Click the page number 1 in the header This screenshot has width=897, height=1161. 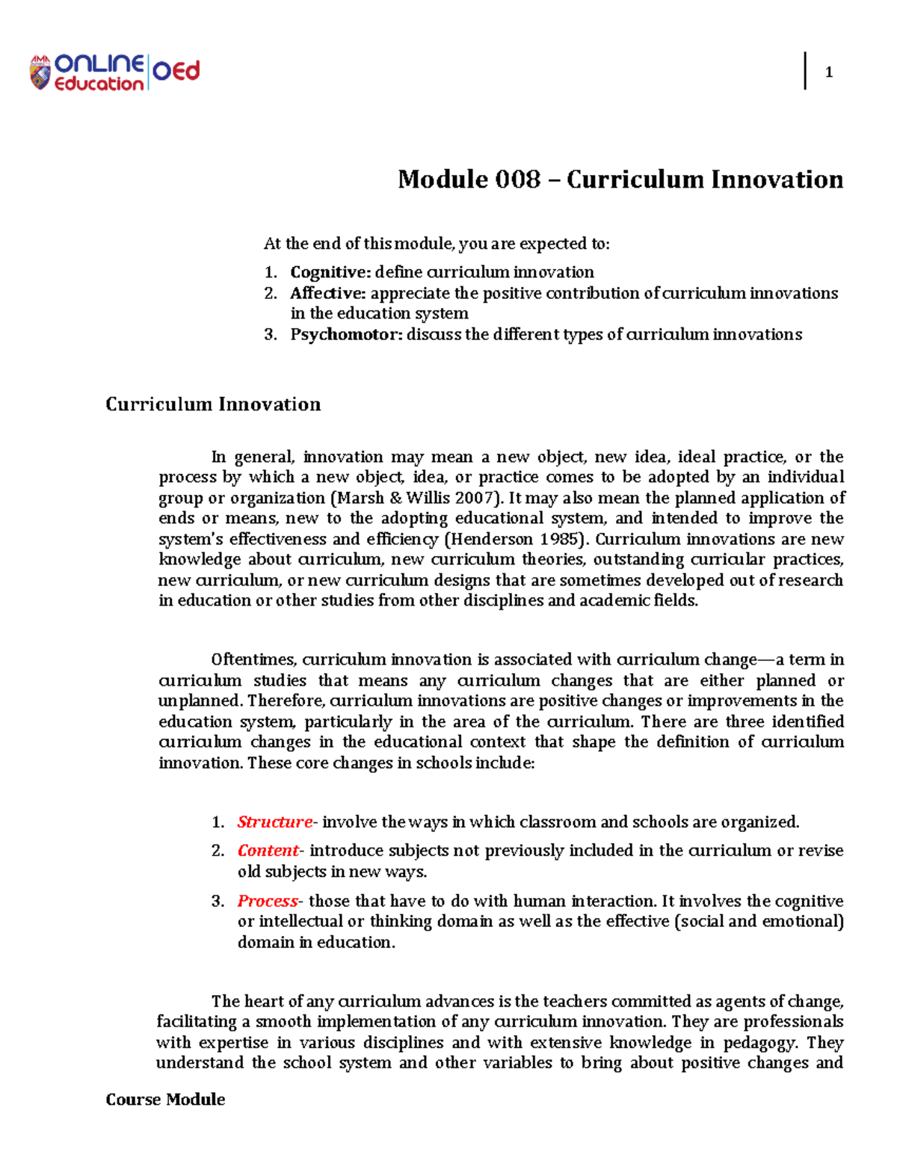pyautogui.click(x=828, y=73)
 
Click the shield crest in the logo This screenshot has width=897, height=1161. pyautogui.click(x=40, y=73)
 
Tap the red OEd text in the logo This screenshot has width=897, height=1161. pyautogui.click(x=176, y=71)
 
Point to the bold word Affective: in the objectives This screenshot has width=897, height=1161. pyautogui.click(x=328, y=293)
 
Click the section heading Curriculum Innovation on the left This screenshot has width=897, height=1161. pyautogui.click(x=213, y=404)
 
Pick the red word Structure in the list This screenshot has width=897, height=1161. pyautogui.click(x=274, y=822)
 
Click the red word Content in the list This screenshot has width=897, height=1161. pyautogui.click(x=268, y=851)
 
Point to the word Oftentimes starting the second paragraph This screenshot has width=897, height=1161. pyautogui.click(x=254, y=660)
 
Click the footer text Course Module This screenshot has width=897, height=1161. pyautogui.click(x=165, y=1100)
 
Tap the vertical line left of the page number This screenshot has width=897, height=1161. pyautogui.click(x=805, y=72)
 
